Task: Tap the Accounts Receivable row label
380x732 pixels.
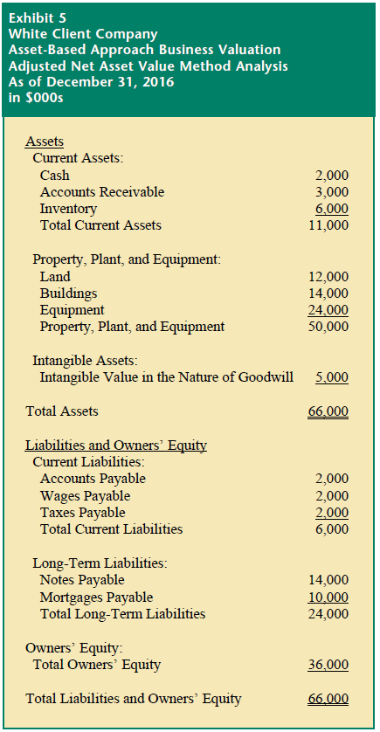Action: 101,192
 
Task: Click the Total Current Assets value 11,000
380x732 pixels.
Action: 328,225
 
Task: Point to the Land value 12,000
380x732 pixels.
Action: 328,277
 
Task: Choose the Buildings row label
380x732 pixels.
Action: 68,293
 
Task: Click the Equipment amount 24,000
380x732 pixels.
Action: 328,310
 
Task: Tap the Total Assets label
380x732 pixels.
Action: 62,411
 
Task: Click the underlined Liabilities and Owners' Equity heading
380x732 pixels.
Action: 116,445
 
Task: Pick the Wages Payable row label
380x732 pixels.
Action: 82,496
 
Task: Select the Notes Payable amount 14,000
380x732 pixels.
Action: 328,580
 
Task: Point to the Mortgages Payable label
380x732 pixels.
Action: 96,597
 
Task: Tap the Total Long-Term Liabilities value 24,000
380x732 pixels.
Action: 328,614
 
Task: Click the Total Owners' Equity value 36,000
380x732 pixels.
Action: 328,665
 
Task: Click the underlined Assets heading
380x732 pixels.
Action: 45,141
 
